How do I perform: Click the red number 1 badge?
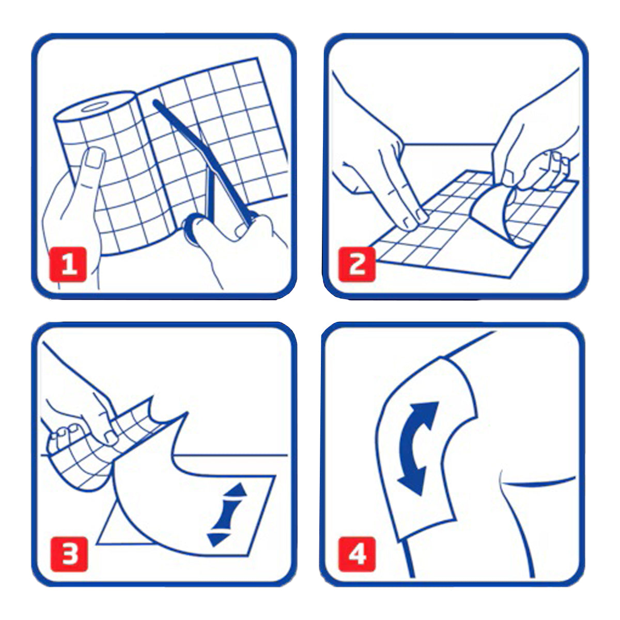[x=68, y=265]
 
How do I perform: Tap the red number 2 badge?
[x=357, y=265]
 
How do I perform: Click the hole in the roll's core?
[x=95, y=106]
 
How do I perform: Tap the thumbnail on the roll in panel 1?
[x=96, y=158]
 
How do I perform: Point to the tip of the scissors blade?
[x=156, y=103]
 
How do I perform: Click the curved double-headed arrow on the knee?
[x=417, y=449]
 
